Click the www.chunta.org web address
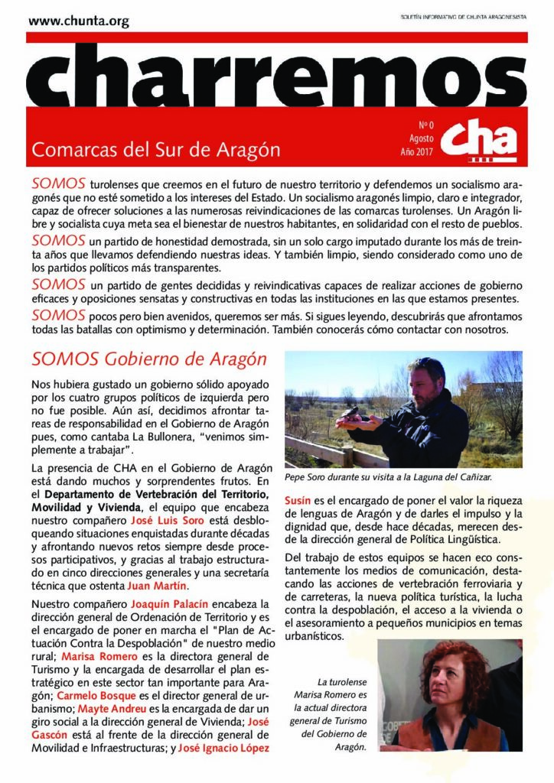coord(79,21)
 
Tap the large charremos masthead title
coord(277,76)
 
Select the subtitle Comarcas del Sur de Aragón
coord(155,149)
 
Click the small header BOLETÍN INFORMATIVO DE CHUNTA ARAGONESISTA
coord(464,17)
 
